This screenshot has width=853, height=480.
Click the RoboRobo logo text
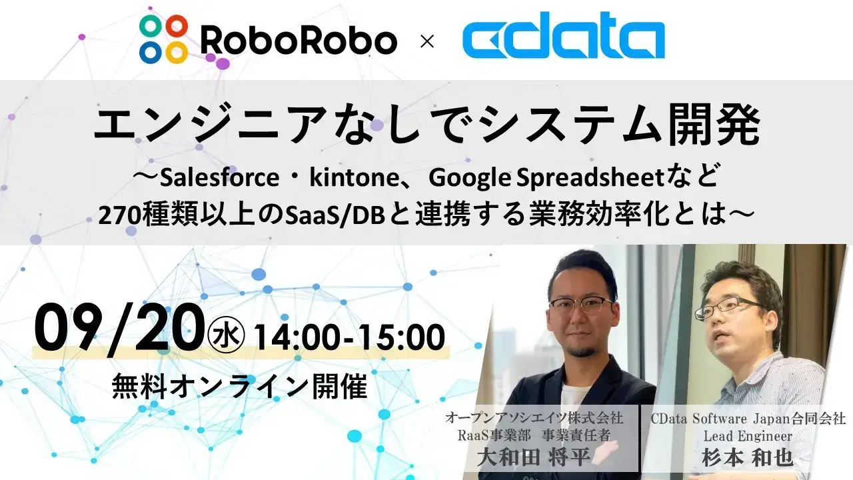click(299, 41)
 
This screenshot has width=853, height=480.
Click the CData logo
click(564, 35)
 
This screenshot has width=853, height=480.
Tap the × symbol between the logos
click(427, 41)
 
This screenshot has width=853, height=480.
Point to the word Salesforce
click(220, 178)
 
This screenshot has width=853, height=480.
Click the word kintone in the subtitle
click(354, 178)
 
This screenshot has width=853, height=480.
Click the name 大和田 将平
click(534, 457)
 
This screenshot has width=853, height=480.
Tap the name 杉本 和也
click(748, 457)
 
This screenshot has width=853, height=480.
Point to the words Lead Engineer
click(748, 436)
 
